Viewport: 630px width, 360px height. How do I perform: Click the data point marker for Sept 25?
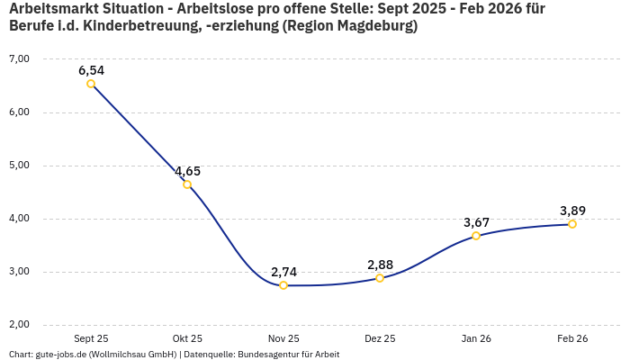(x=91, y=84)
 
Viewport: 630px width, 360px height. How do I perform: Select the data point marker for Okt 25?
(x=187, y=184)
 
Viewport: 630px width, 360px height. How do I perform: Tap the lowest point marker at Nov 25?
(x=283, y=285)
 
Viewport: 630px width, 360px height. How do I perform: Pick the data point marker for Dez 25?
(x=380, y=278)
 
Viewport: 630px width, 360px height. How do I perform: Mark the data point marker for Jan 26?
(x=476, y=236)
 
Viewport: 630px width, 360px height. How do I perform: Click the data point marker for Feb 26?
(x=572, y=224)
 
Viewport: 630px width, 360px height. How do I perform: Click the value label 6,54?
(x=91, y=69)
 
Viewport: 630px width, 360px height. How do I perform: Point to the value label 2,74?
(x=283, y=271)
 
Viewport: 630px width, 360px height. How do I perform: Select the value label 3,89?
(x=572, y=211)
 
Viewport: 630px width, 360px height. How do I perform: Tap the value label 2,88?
(x=380, y=264)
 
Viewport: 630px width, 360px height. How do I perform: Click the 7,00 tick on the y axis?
(x=19, y=58)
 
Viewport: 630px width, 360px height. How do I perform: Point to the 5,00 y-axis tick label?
(x=19, y=166)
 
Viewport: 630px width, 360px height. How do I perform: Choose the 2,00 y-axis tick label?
(x=19, y=325)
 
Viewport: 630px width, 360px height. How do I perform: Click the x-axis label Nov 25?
(x=283, y=338)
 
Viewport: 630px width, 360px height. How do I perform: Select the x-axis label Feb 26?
(x=572, y=338)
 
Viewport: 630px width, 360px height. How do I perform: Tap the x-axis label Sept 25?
(x=91, y=338)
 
